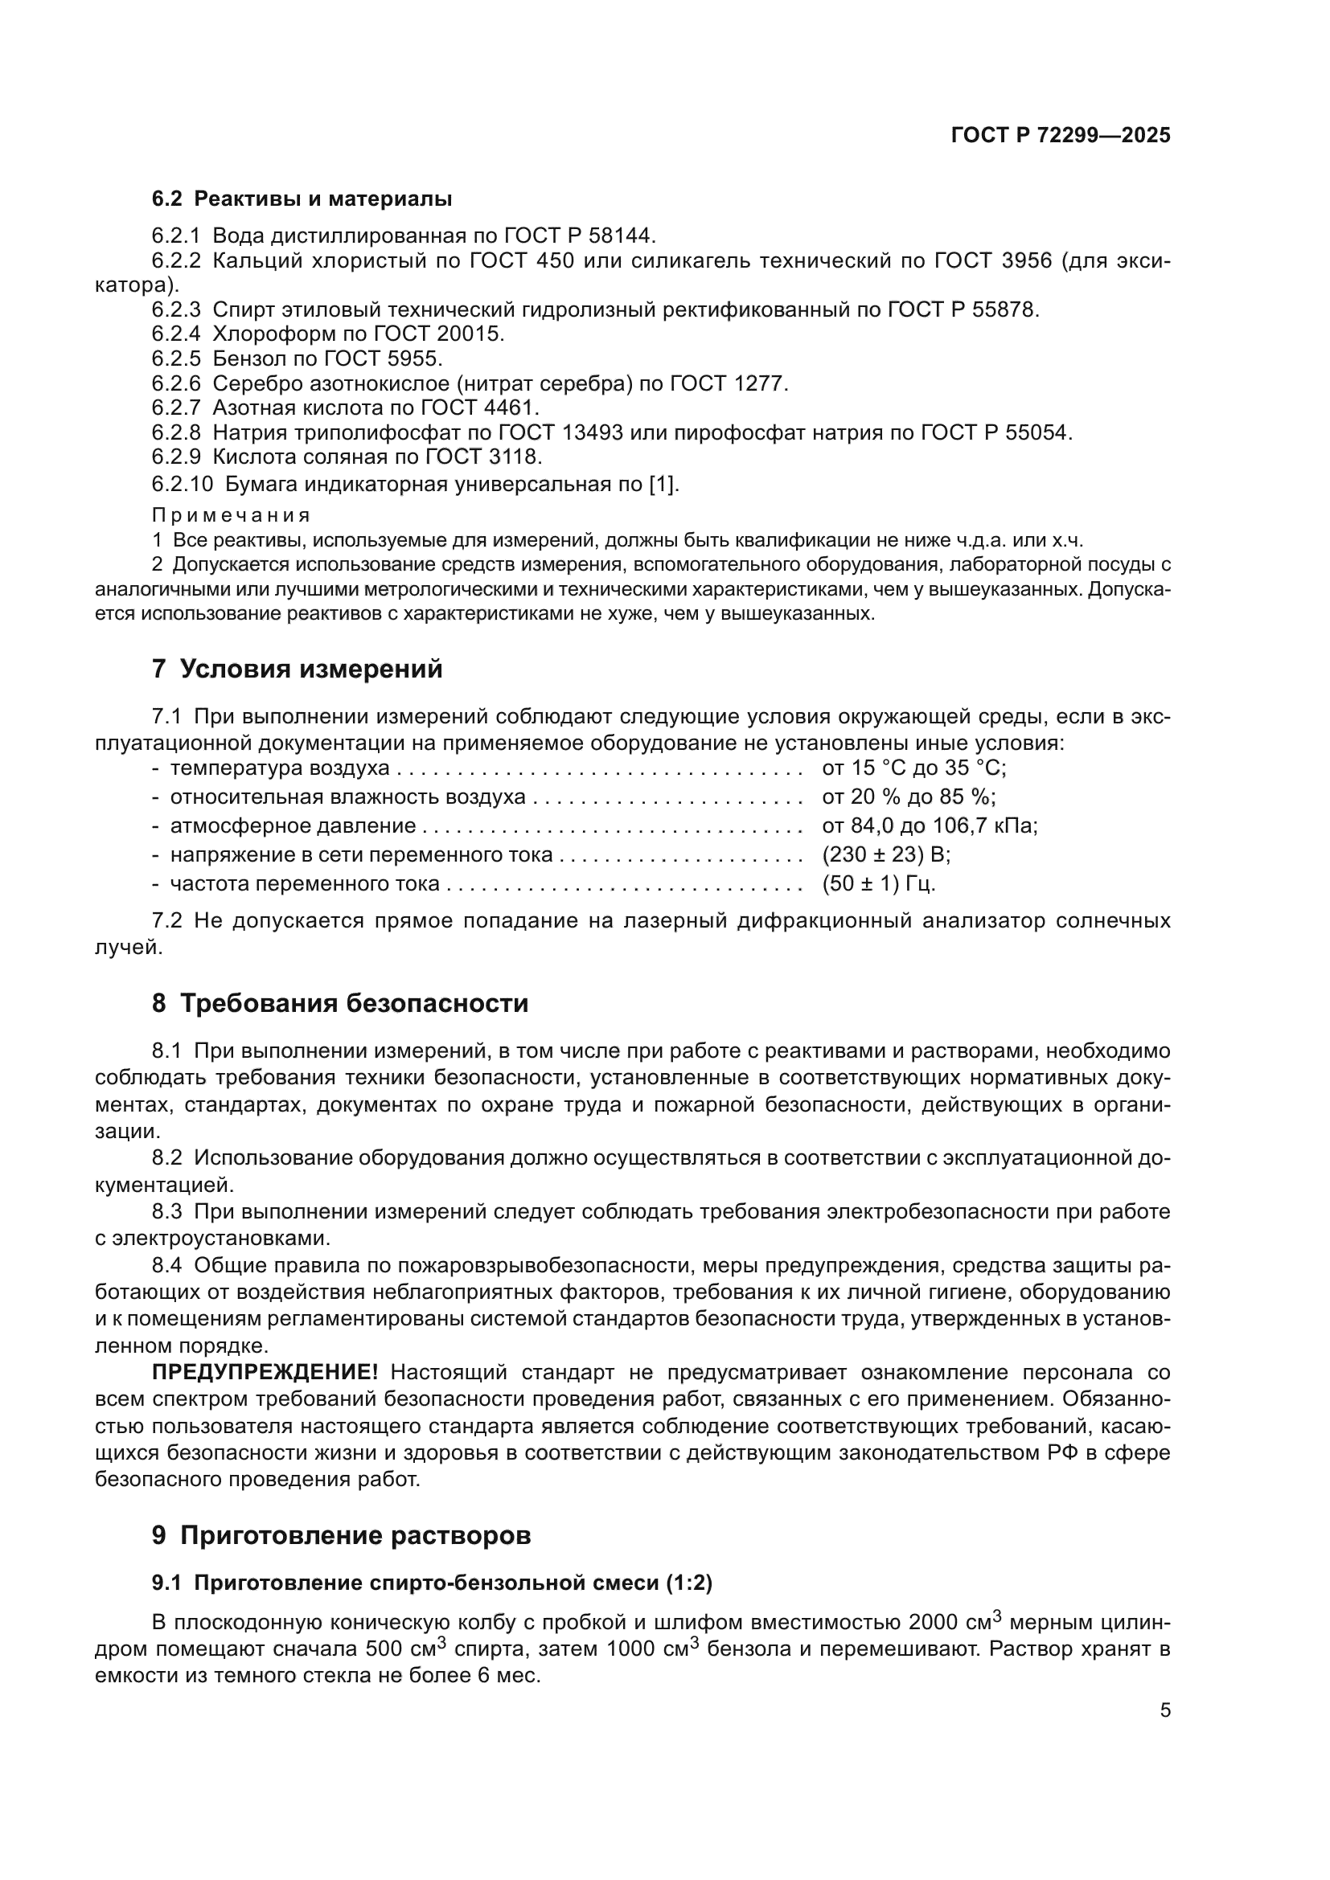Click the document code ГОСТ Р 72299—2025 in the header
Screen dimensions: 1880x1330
[x=1061, y=136]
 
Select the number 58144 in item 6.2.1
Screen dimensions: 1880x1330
[x=622, y=236]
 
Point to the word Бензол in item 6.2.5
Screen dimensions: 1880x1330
[x=249, y=358]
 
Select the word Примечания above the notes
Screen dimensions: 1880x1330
[x=231, y=515]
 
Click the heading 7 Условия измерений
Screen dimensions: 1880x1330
[x=297, y=669]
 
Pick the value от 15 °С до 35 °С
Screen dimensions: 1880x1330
[x=913, y=768]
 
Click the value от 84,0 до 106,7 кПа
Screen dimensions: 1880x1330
[x=929, y=825]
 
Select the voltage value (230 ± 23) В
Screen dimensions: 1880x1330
[x=885, y=855]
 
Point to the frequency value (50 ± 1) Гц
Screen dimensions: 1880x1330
[x=878, y=883]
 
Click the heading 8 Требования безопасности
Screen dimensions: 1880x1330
[x=340, y=1003]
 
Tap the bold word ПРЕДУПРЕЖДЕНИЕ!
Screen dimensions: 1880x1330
[x=265, y=1372]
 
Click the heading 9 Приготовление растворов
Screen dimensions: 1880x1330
[x=341, y=1535]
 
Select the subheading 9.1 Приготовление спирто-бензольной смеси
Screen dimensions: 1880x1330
[x=432, y=1583]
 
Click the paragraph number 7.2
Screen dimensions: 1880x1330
[x=166, y=921]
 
